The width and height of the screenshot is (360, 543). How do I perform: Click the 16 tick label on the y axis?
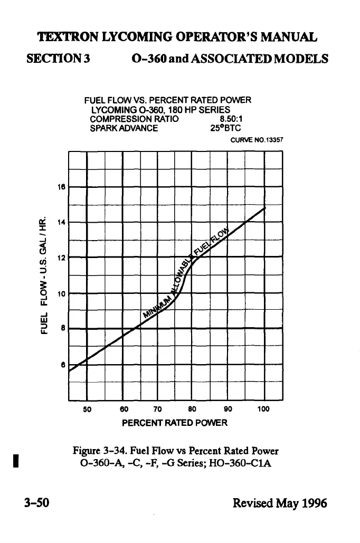point(61,186)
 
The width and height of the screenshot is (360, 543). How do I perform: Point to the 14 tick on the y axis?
point(61,222)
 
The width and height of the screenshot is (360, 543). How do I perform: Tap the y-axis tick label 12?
point(61,258)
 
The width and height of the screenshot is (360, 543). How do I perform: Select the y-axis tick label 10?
point(61,293)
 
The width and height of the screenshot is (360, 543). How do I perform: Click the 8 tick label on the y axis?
point(63,328)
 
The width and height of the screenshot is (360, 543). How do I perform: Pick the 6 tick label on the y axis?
point(63,364)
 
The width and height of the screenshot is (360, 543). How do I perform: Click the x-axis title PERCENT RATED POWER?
point(174,423)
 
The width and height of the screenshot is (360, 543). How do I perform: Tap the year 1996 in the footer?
point(312,502)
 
